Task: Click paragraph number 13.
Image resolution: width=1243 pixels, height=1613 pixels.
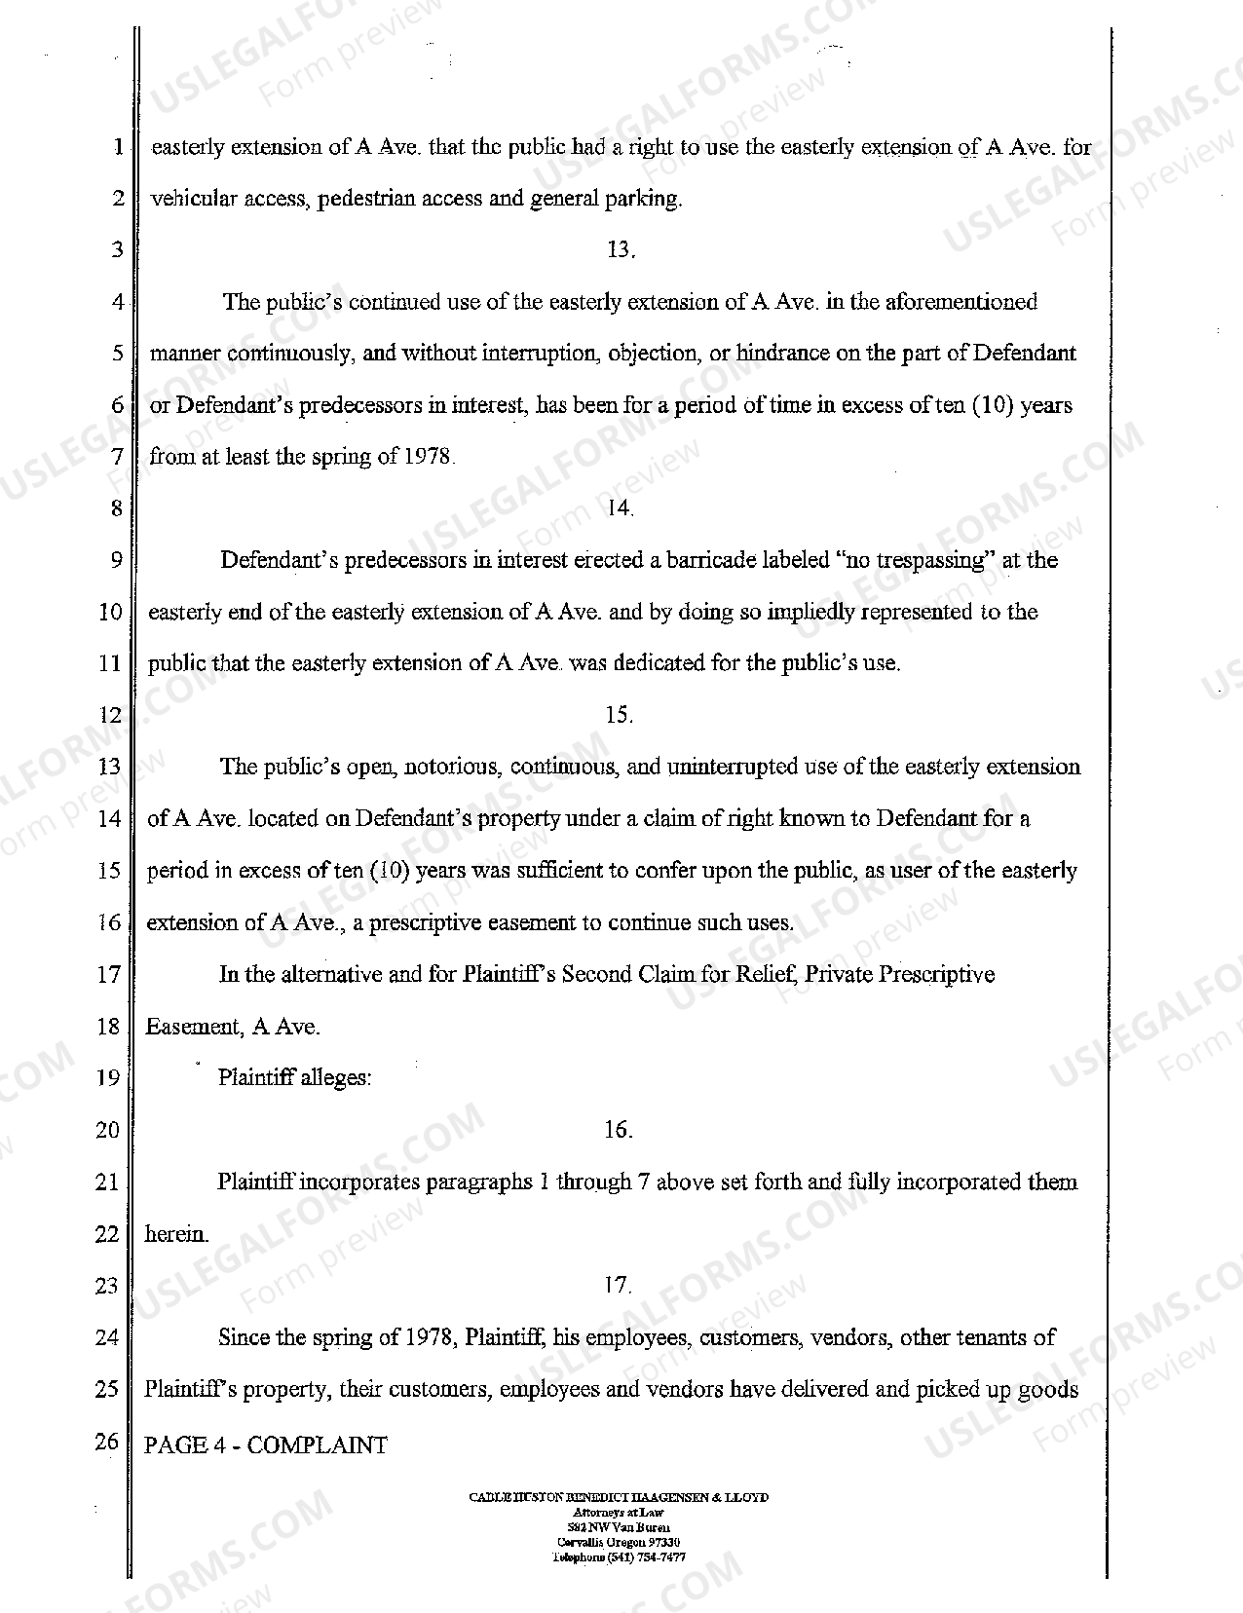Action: pyautogui.click(x=620, y=250)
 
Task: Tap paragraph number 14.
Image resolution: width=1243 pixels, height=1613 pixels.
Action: pyautogui.click(x=620, y=507)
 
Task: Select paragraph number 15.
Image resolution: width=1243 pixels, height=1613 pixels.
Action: pyautogui.click(x=620, y=715)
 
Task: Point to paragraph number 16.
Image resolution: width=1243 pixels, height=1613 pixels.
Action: pyautogui.click(x=619, y=1130)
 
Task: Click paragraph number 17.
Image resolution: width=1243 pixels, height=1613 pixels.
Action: pyautogui.click(x=619, y=1286)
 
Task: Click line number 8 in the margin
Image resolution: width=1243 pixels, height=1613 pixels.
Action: pyautogui.click(x=117, y=508)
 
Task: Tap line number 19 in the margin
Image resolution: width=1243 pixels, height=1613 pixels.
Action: pyautogui.click(x=108, y=1078)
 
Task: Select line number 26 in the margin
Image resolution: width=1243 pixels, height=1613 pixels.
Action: pyautogui.click(x=107, y=1442)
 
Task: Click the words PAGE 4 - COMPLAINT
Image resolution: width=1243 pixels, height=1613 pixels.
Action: pyautogui.click(x=266, y=1445)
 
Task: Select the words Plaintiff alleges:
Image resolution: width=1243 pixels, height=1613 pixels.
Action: pyautogui.click(x=294, y=1078)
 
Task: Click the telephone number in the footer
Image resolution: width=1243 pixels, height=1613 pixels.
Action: pyautogui.click(x=619, y=1557)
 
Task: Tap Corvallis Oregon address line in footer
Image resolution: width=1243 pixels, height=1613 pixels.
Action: pyautogui.click(x=619, y=1544)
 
